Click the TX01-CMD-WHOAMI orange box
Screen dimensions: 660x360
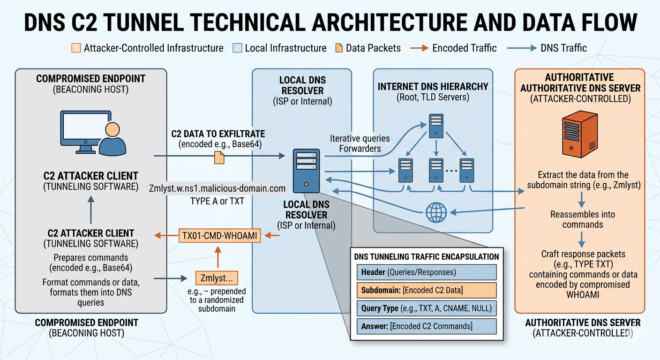pyautogui.click(x=219, y=236)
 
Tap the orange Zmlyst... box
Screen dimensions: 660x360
pyautogui.click(x=217, y=278)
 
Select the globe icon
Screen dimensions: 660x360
pyautogui.click(x=436, y=212)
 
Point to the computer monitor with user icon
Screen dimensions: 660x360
pyautogui.click(x=93, y=133)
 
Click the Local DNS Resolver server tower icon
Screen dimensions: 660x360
pyautogui.click(x=306, y=171)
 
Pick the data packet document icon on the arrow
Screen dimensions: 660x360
pyautogui.click(x=219, y=157)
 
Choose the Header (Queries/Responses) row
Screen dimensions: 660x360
pyautogui.click(x=427, y=272)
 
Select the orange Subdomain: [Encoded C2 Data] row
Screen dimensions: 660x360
pyautogui.click(x=427, y=290)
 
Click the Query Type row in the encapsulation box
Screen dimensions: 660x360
pyautogui.click(x=427, y=308)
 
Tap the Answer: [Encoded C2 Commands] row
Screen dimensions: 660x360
pyautogui.click(x=427, y=326)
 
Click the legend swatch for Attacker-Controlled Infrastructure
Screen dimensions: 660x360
pyautogui.click(x=76, y=48)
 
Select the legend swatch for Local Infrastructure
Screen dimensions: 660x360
pyautogui.click(x=237, y=48)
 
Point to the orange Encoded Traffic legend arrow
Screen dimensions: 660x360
pyautogui.click(x=419, y=48)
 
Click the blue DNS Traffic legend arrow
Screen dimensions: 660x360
pyautogui.click(x=522, y=48)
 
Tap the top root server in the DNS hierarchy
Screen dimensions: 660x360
pyautogui.click(x=436, y=126)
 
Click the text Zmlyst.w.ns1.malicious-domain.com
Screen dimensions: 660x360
pyautogui.click(x=217, y=188)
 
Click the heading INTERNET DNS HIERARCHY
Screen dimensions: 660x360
pyautogui.click(x=433, y=87)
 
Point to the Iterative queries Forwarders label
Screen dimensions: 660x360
pyautogui.click(x=360, y=143)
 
